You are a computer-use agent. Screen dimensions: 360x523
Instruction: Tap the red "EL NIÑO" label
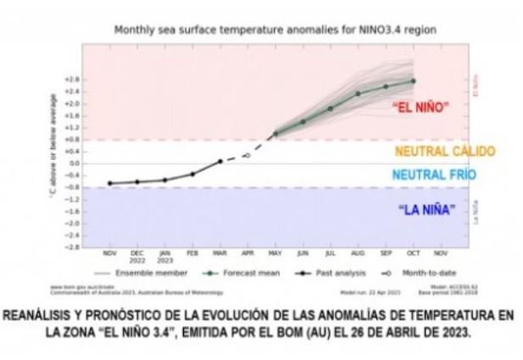(x=420, y=108)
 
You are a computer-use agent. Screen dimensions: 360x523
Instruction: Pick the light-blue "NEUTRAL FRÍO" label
(x=434, y=175)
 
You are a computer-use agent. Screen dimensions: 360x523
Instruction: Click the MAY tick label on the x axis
(x=275, y=253)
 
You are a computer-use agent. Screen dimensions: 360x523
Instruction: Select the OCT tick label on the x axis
(x=412, y=253)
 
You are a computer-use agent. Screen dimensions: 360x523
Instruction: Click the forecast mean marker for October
(x=413, y=81)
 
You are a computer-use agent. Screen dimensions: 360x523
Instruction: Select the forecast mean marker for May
(x=275, y=134)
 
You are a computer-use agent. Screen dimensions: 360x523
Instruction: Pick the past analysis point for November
(x=110, y=183)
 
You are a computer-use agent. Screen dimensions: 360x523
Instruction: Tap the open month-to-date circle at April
(x=248, y=155)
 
